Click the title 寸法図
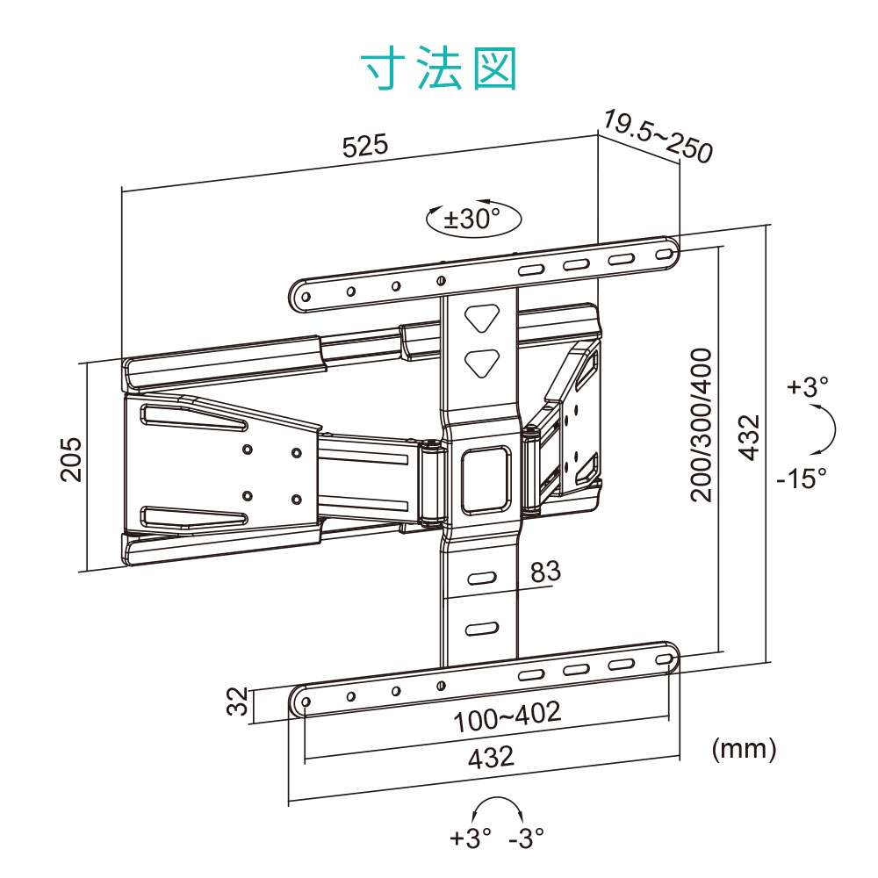(439, 68)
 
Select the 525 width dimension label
(364, 146)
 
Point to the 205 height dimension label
(71, 458)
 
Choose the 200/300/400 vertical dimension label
(702, 425)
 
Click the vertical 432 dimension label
(748, 436)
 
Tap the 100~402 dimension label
(507, 716)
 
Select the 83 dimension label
(544, 572)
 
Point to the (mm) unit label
(744, 749)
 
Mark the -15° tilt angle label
(801, 479)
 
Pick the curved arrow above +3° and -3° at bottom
(495, 810)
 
